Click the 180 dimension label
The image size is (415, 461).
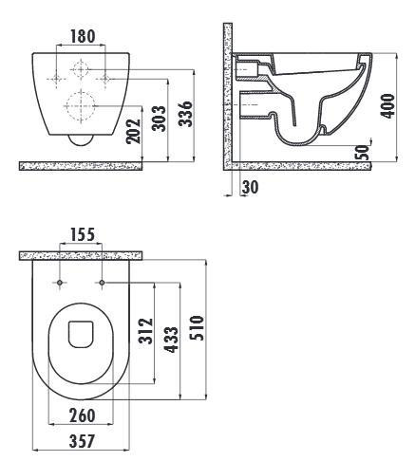(x=83, y=36)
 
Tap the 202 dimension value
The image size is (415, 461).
(x=134, y=131)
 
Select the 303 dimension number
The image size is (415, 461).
(x=159, y=119)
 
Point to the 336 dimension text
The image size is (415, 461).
(x=185, y=114)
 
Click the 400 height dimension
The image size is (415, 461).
(x=387, y=106)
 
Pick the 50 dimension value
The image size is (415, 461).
(x=364, y=152)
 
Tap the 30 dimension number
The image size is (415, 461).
(x=251, y=187)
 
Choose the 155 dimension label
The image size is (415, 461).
(x=82, y=234)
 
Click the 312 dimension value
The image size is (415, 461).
(x=146, y=331)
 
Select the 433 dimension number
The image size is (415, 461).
(x=172, y=340)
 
